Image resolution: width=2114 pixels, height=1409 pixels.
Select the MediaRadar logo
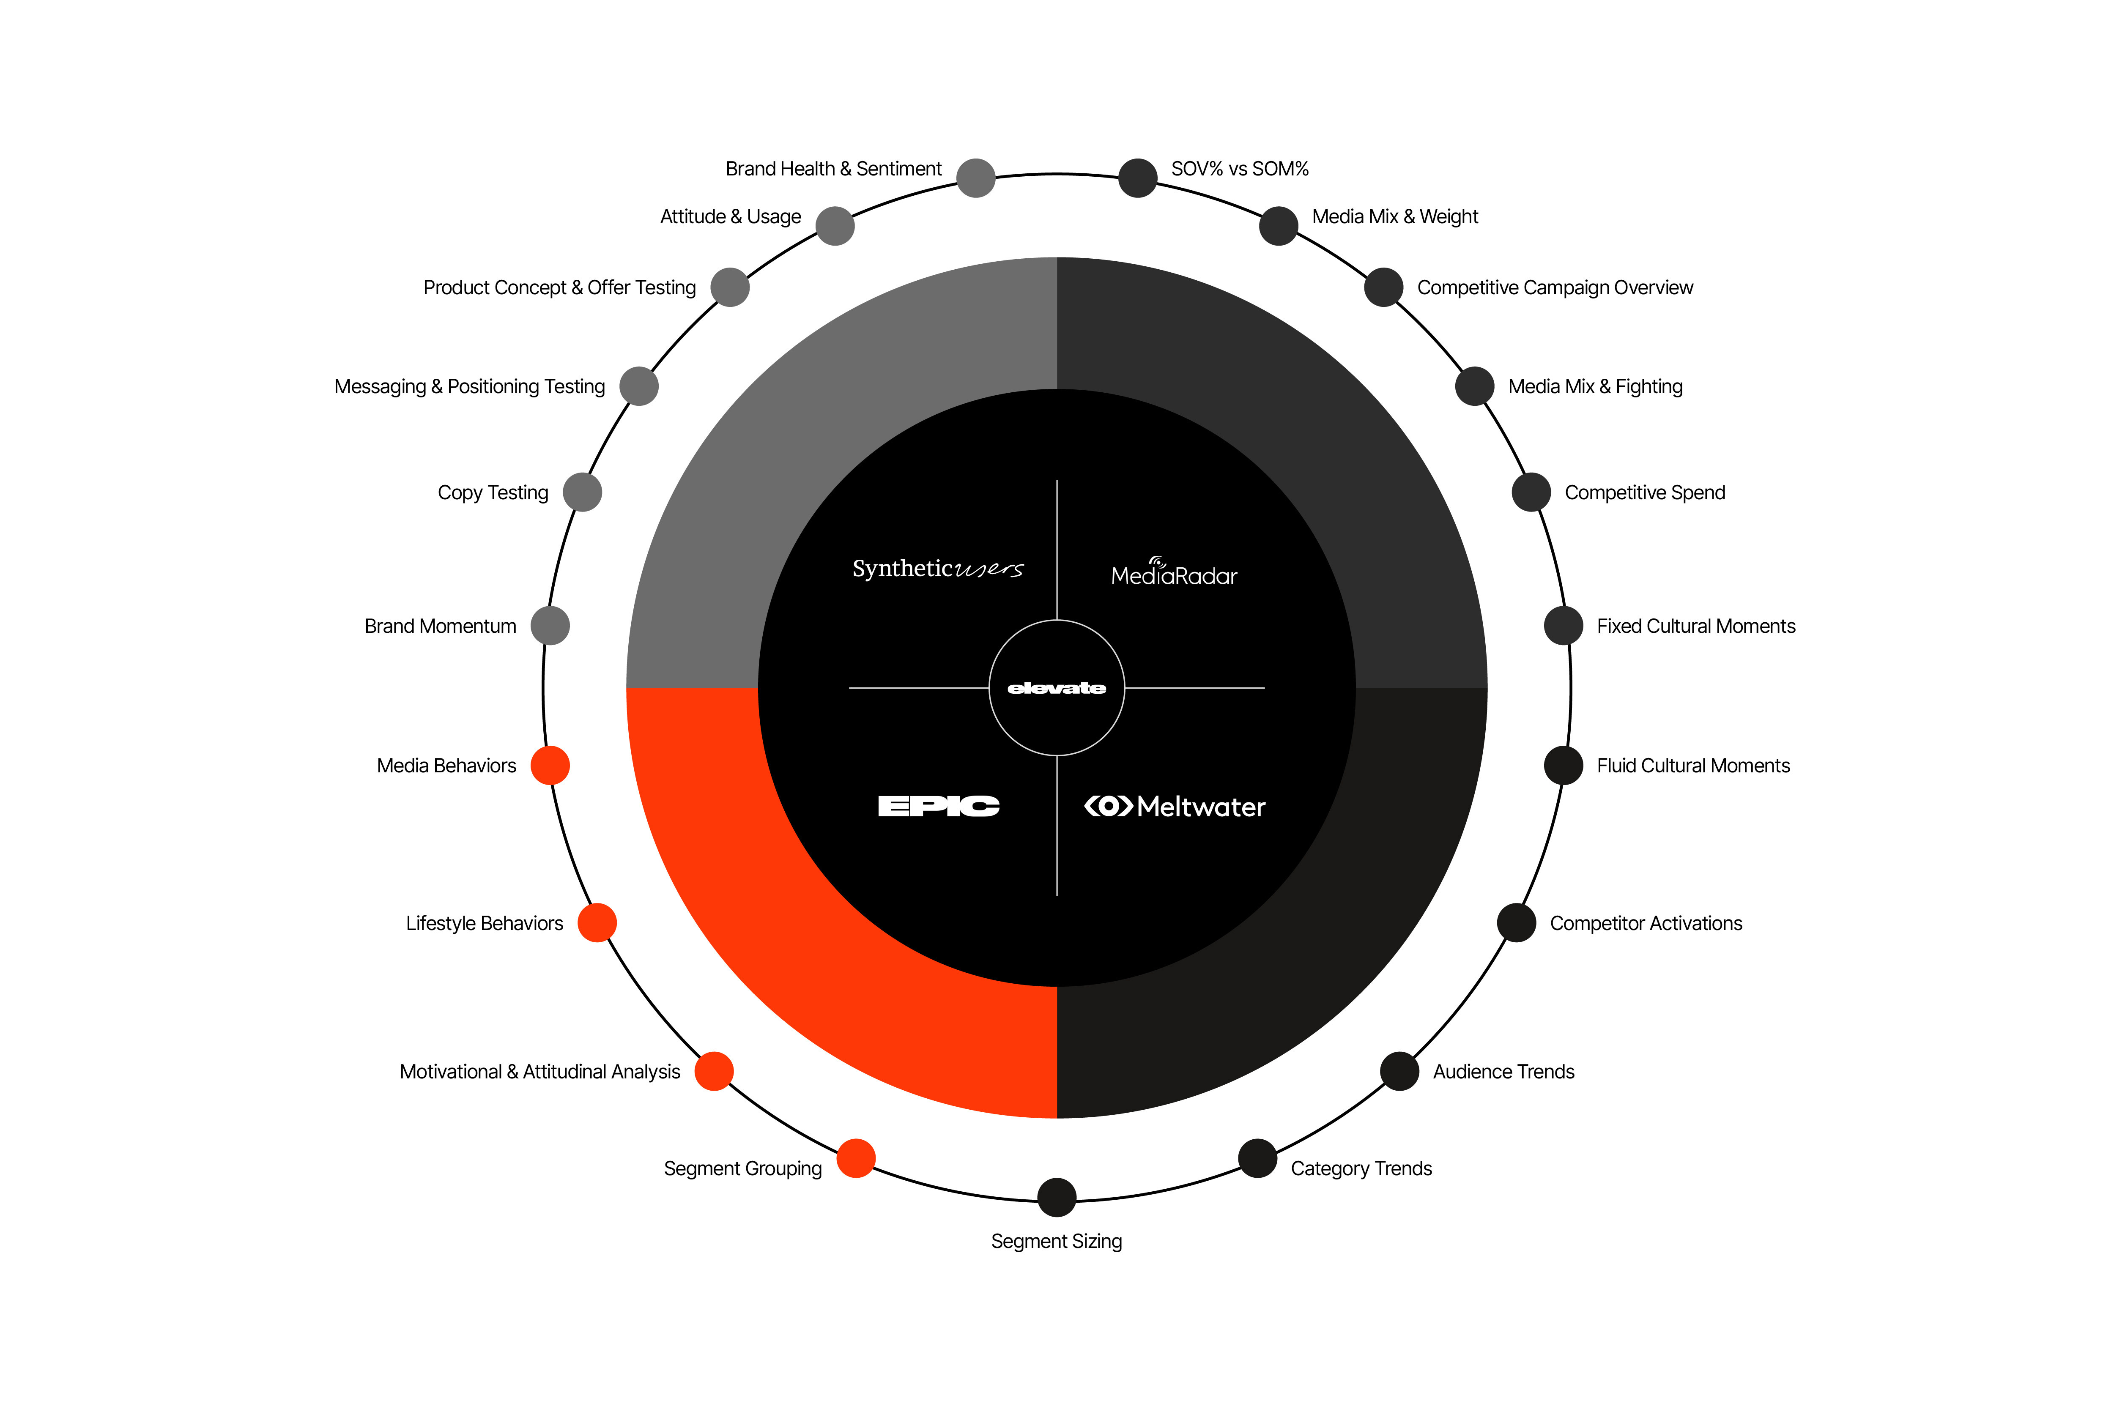[x=1174, y=572]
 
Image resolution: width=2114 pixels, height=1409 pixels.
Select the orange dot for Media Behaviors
[x=550, y=766]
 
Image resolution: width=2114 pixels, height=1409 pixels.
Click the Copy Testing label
[x=493, y=492]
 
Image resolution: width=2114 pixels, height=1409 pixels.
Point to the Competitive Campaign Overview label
[x=1555, y=287]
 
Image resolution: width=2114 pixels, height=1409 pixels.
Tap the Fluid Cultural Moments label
[x=1693, y=766]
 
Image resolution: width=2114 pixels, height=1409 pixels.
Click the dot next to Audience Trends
[x=1399, y=1071]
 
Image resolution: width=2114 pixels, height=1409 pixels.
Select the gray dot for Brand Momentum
[x=550, y=625]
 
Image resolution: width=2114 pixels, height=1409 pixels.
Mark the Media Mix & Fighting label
[x=1595, y=386]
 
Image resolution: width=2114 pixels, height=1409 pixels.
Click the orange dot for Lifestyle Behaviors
[x=597, y=923]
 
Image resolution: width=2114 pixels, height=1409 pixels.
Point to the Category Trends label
[x=1361, y=1168]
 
